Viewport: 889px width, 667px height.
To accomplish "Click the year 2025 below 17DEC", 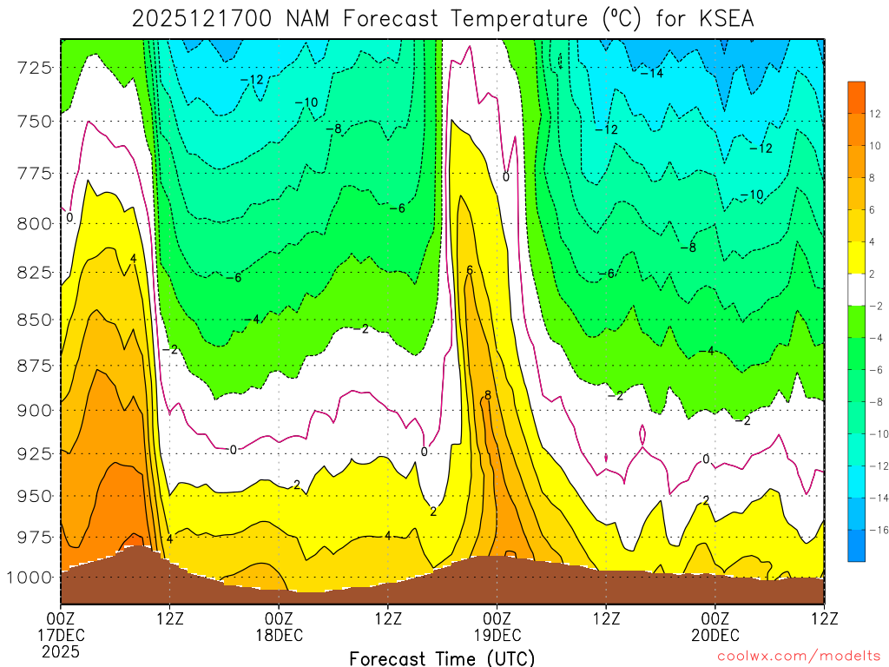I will [61, 651].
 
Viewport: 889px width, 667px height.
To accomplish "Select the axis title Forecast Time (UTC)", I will [442, 657].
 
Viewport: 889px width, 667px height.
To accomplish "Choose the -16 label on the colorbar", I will [875, 529].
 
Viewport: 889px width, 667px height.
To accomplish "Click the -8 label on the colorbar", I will [875, 402].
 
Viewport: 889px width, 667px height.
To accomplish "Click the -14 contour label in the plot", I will [652, 73].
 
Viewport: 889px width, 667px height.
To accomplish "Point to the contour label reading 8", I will [488, 395].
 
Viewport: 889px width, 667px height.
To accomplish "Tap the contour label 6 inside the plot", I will [470, 270].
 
